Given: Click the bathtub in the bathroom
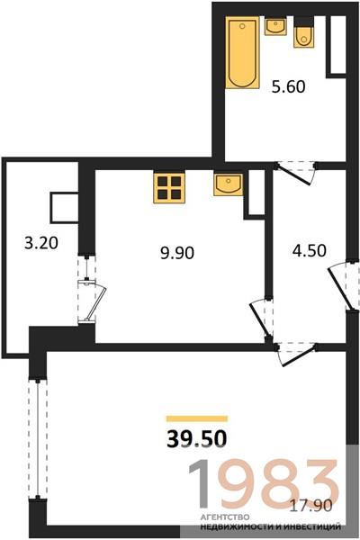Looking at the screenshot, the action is point(242,53).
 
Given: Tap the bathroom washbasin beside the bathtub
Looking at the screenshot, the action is point(275,27).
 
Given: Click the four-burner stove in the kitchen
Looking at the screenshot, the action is point(169,188).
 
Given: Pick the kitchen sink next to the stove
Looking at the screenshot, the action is point(228,184).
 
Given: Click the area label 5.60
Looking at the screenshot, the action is point(288,86).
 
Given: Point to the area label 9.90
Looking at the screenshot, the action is point(177,253).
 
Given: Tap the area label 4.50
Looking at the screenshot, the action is point(309,250).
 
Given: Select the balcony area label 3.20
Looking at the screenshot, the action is point(41,244).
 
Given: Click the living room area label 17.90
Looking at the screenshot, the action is point(311,506).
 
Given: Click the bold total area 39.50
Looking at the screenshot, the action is point(197,439).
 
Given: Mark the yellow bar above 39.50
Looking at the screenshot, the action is point(197,418).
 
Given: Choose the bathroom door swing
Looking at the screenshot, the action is point(295,173).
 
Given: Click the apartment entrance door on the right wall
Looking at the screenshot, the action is point(345,283).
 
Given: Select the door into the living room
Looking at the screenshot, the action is point(296,354).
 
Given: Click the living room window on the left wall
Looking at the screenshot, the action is point(37,438).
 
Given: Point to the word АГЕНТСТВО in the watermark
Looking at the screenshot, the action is point(224,517).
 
